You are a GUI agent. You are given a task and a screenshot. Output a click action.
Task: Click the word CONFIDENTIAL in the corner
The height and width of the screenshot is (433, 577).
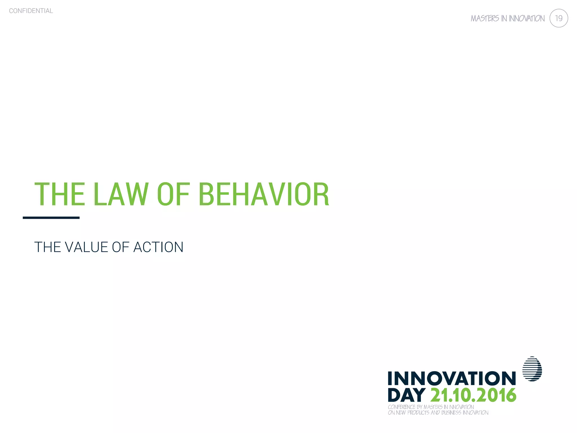pyautogui.click(x=31, y=11)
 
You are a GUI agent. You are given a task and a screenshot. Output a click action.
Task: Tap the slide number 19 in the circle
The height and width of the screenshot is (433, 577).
pyautogui.click(x=558, y=18)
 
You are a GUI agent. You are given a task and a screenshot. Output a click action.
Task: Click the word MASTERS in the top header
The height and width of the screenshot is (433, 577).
pyautogui.click(x=485, y=19)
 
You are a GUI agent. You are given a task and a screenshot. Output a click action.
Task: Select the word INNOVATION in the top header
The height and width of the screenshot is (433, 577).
pyautogui.click(x=527, y=19)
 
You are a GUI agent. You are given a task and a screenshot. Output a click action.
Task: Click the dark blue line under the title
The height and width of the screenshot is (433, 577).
pyautogui.click(x=51, y=218)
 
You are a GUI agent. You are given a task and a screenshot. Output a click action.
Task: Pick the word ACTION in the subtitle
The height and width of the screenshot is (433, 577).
pyautogui.click(x=158, y=247)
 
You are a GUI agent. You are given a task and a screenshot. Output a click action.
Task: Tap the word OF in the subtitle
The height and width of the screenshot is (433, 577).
pyautogui.click(x=120, y=247)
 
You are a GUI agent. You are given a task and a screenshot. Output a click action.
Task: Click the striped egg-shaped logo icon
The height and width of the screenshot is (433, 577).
pyautogui.click(x=532, y=369)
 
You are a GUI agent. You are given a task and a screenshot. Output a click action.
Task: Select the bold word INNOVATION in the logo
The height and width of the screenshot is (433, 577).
pyautogui.click(x=452, y=378)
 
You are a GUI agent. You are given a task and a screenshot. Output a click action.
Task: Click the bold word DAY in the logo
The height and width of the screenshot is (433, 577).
pyautogui.click(x=406, y=395)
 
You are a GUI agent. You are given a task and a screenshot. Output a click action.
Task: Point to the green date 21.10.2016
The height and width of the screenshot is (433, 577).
pyautogui.click(x=473, y=395)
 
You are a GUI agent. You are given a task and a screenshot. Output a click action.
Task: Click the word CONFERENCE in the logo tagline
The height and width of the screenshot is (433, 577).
pyautogui.click(x=401, y=407)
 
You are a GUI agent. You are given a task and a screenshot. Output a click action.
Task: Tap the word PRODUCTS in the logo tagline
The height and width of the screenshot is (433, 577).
pyautogui.click(x=418, y=413)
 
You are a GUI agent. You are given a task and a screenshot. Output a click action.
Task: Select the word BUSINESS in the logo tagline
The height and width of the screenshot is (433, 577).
pyautogui.click(x=451, y=413)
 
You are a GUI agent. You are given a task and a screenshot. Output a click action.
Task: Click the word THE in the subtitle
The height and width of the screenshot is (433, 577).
pyautogui.click(x=47, y=247)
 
